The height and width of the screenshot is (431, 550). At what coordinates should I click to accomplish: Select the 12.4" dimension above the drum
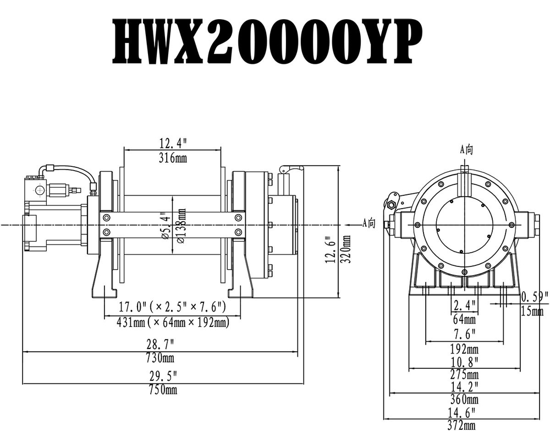coord(173,143)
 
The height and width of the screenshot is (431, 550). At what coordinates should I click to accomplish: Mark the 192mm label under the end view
coord(465,348)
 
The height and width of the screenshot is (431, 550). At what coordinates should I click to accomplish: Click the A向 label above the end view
coord(466,149)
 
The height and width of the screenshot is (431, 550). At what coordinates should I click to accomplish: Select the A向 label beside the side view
coord(369,223)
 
